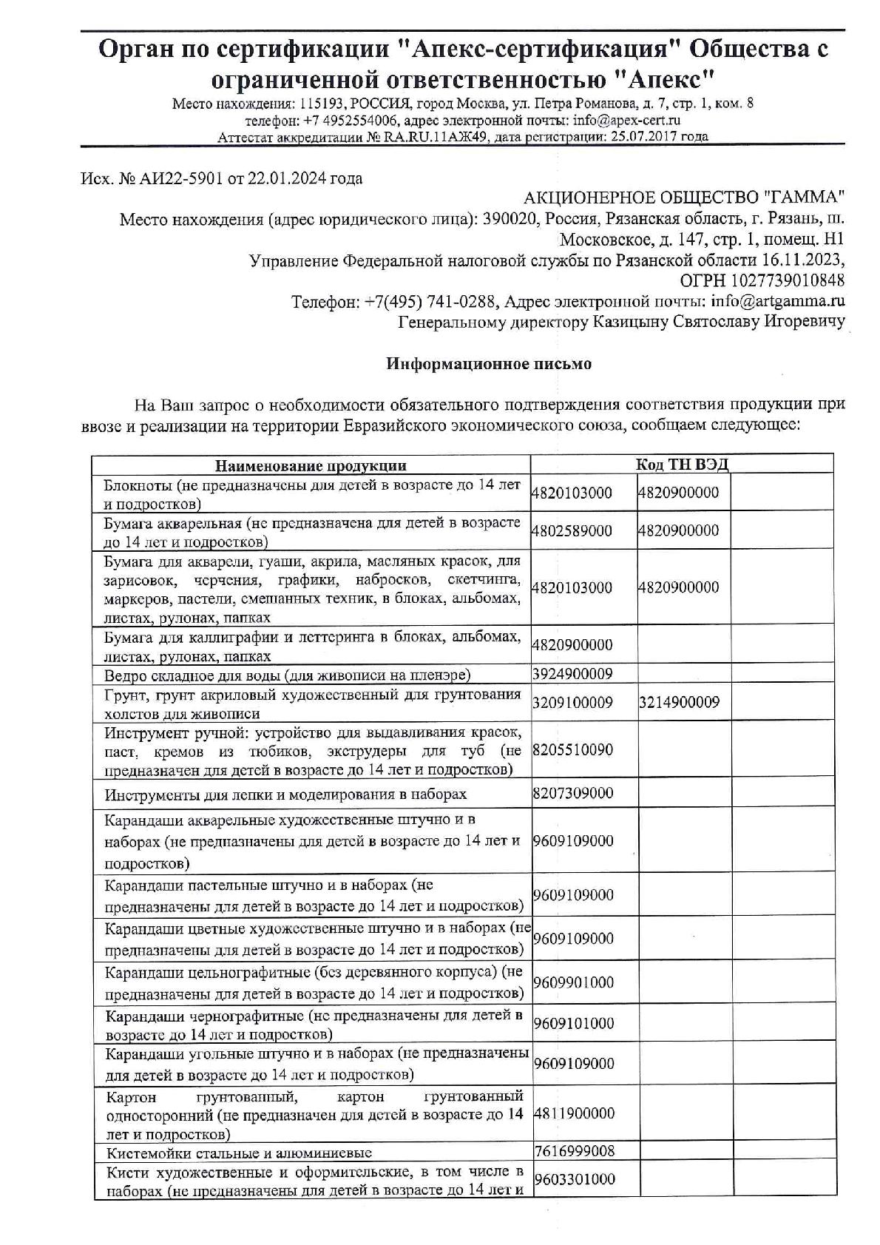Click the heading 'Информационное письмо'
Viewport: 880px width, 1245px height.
(489, 364)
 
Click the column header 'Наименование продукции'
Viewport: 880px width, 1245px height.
(311, 466)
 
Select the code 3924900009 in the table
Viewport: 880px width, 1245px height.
(572, 674)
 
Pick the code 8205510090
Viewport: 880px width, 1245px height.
(572, 750)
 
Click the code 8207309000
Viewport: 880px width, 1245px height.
(572, 794)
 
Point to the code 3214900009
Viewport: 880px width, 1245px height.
(679, 703)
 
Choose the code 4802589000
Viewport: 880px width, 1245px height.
(572, 531)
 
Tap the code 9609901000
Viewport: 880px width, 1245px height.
(573, 983)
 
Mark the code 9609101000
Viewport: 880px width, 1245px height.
(573, 1024)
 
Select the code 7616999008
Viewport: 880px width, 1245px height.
(573, 1151)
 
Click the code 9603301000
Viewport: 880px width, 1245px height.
(573, 1180)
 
